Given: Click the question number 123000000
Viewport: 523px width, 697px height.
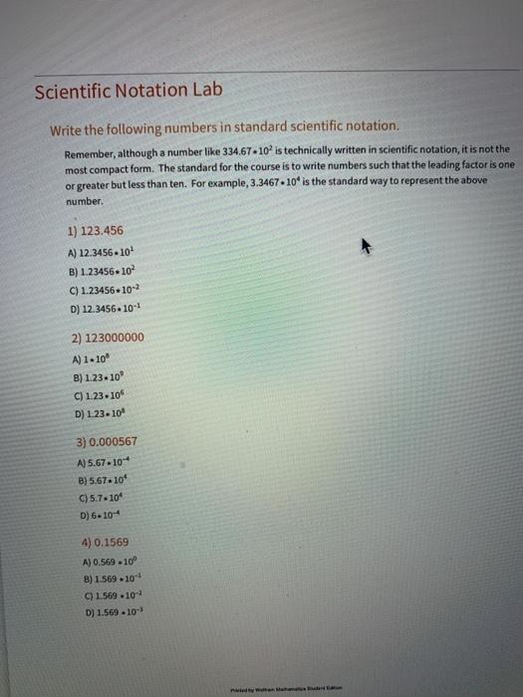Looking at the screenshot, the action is (x=109, y=337).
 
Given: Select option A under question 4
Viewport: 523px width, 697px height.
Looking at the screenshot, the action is (x=103, y=563).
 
